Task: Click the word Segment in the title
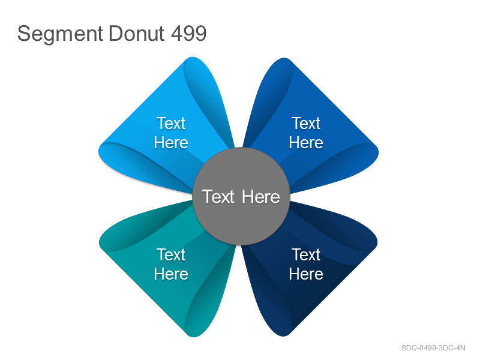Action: tap(60, 34)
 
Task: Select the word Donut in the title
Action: tap(137, 33)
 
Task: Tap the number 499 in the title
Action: tap(188, 33)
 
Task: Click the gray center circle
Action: tap(241, 196)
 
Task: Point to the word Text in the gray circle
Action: tap(218, 197)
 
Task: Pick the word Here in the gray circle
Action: tap(261, 197)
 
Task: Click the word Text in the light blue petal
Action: tap(171, 124)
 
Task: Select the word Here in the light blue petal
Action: tap(171, 143)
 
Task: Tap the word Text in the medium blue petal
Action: tap(306, 124)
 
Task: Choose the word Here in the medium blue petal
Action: tap(306, 143)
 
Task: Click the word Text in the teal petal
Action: tap(171, 254)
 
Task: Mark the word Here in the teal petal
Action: tap(171, 274)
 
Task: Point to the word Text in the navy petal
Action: tap(306, 254)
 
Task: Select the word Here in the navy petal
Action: tap(306, 274)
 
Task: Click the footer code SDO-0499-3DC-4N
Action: tap(433, 348)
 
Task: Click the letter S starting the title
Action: tap(24, 34)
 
